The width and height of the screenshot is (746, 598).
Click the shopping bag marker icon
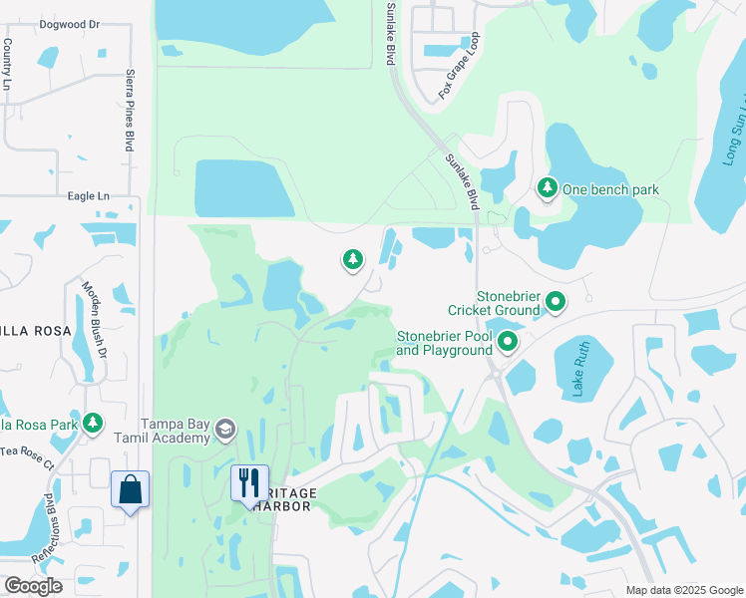130,489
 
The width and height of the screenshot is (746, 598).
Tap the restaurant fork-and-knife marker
249,484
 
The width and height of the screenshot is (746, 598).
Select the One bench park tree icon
547,187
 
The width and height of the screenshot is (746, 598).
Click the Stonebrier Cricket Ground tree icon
556,300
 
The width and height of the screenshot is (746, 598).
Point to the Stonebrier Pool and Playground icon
508,343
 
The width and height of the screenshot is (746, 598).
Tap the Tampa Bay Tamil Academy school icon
224,429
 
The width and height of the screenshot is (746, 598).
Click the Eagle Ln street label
88,196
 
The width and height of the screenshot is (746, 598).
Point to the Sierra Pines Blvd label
130,110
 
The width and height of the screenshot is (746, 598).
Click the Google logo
33,586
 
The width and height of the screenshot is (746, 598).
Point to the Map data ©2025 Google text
684,590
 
